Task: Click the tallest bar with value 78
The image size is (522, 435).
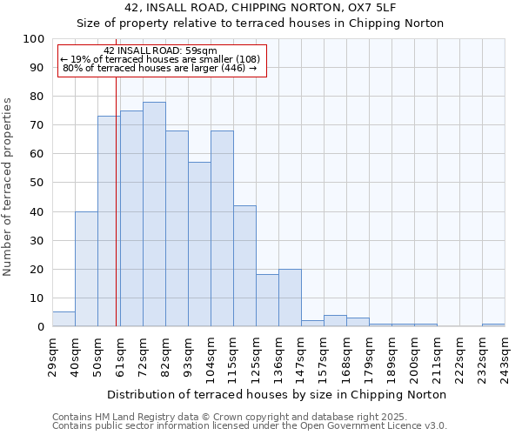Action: (154, 214)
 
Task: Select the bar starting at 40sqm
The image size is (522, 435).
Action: (86, 269)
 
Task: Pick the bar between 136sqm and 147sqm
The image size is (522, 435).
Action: (290, 298)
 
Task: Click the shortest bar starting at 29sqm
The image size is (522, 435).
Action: (64, 319)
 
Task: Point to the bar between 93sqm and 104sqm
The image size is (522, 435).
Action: (199, 244)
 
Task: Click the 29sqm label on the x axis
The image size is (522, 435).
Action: (57, 353)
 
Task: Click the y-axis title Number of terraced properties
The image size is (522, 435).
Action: (9, 186)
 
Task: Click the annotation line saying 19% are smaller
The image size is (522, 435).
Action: (160, 59)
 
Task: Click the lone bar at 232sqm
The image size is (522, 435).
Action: (493, 325)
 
